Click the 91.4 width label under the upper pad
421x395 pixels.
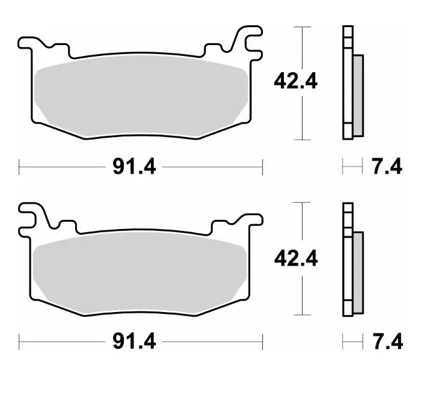(134, 167)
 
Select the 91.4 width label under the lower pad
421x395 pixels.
(134, 342)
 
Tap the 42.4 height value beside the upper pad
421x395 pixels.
(295, 81)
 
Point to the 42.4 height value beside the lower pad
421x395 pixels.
(295, 259)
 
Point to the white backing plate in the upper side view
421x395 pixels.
(347, 84)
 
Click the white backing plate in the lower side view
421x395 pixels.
(347, 262)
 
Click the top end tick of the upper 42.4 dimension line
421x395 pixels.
(301, 27)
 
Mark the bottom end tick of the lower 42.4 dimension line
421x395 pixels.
(301, 315)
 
